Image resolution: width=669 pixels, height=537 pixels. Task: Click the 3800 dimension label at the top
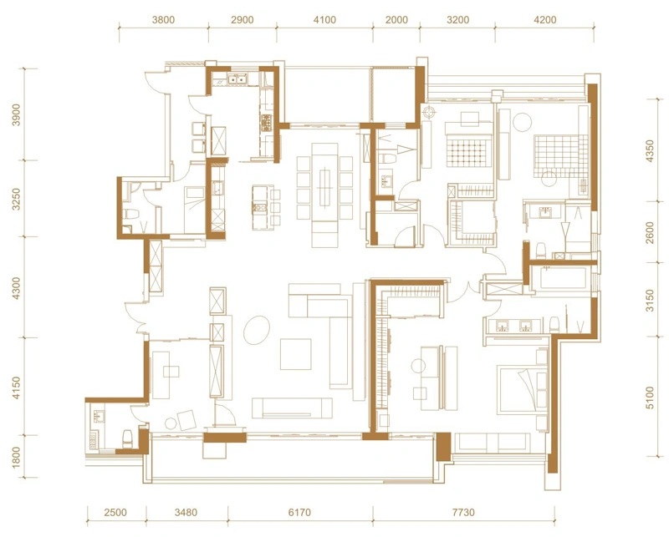click(x=163, y=20)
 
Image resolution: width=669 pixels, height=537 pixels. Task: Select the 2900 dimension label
click(x=243, y=20)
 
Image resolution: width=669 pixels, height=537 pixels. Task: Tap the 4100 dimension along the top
click(x=324, y=20)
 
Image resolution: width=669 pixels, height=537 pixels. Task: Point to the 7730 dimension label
click(x=463, y=512)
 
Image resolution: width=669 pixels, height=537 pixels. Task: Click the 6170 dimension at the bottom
click(x=299, y=512)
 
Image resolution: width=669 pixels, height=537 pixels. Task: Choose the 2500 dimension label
click(x=115, y=512)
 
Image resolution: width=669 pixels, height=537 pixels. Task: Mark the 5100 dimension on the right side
click(x=650, y=398)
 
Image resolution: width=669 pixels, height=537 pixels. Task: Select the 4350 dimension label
click(x=650, y=151)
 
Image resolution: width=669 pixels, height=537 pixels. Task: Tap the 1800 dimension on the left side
click(x=16, y=457)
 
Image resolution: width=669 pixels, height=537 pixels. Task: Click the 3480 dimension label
click(x=186, y=512)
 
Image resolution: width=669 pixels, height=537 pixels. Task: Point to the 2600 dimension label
click(x=650, y=232)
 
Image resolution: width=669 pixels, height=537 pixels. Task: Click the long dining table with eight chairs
click(x=325, y=188)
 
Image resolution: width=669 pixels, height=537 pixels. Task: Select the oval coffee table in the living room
click(x=257, y=330)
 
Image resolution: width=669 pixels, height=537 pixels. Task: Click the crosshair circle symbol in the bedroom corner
click(x=428, y=112)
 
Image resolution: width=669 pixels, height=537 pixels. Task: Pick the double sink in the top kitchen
click(x=237, y=79)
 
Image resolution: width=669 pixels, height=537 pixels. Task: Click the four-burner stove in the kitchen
click(x=266, y=122)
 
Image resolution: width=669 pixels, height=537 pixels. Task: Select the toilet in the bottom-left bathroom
click(x=128, y=438)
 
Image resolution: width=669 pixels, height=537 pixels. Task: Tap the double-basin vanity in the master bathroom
click(x=514, y=326)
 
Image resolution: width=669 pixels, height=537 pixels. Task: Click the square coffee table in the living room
click(x=296, y=354)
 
